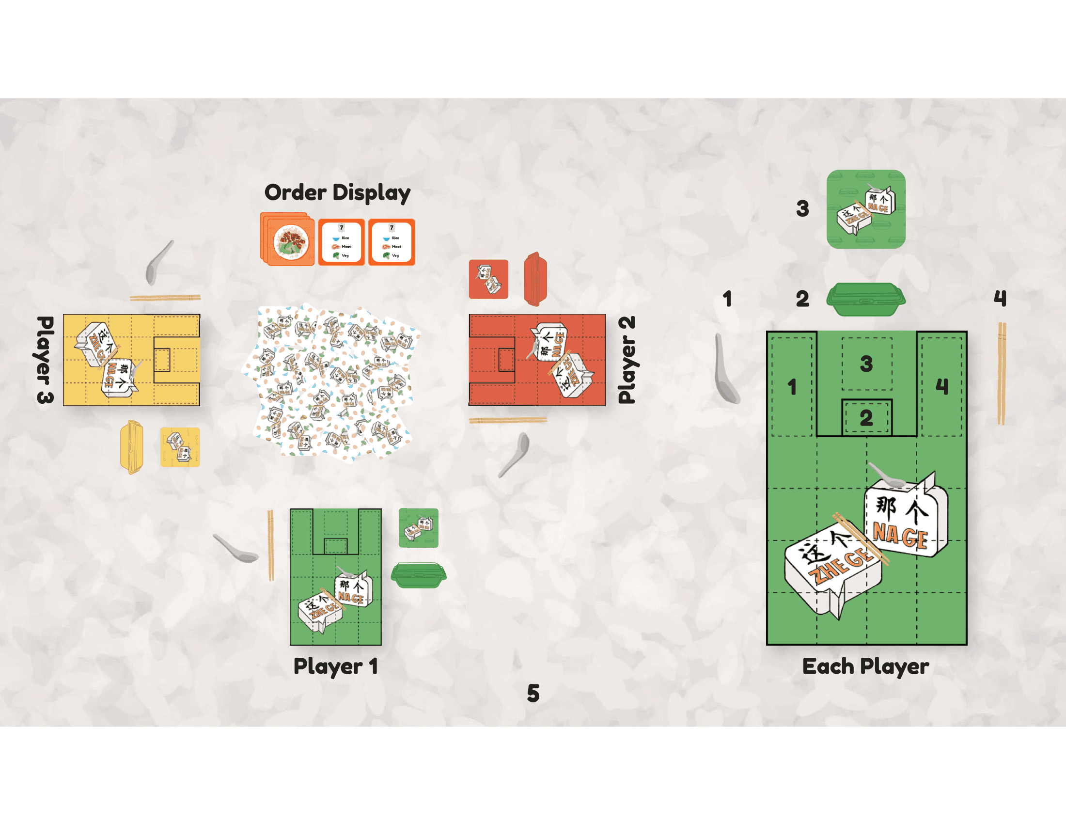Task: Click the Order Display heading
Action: [337, 193]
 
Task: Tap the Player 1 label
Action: [336, 666]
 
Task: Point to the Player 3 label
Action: [45, 360]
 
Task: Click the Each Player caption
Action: [865, 666]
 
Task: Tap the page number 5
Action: [533, 693]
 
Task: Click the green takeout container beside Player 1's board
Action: [418, 574]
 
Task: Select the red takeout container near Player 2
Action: [535, 279]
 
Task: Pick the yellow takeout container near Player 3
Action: [132, 447]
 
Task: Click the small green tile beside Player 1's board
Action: [418, 528]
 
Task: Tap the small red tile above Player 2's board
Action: [488, 279]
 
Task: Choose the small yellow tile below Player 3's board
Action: [180, 447]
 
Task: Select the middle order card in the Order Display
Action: [341, 242]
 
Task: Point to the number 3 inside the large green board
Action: [866, 364]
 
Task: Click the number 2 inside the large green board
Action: [866, 418]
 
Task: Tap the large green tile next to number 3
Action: [866, 209]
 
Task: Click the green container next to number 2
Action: [866, 299]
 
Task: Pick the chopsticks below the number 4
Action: [1002, 373]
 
